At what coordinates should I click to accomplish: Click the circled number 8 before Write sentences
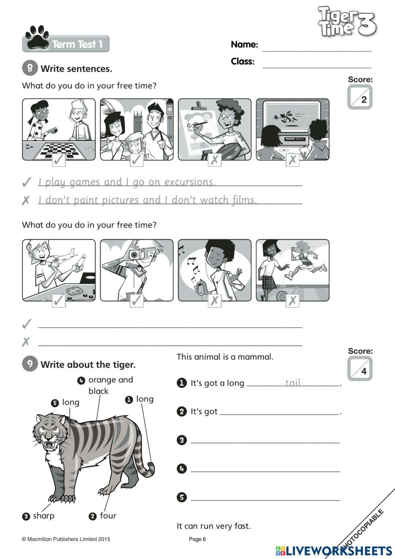pos(30,68)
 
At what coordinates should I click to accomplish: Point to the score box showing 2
pos(360,98)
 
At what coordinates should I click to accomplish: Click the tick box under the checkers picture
pos(59,160)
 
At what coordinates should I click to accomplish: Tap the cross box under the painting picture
pos(214,160)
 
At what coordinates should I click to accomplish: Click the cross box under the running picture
pos(292,301)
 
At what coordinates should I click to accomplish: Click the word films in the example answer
pos(244,200)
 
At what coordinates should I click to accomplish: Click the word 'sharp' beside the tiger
pos(43,516)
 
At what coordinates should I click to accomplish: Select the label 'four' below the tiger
pos(108,516)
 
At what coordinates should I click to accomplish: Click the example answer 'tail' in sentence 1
pos(293,382)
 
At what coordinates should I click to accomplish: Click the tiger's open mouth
pos(51,445)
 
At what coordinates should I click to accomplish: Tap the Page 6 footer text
pos(197,539)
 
